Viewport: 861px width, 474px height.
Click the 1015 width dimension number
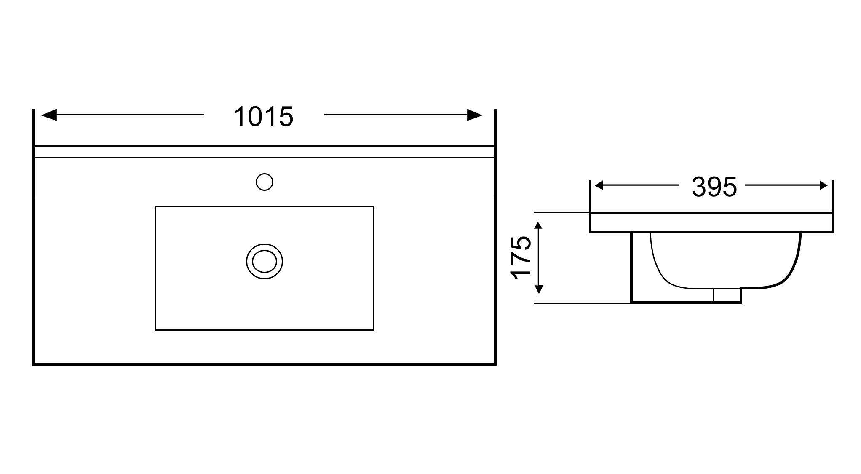coord(263,117)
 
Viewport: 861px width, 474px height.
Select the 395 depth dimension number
coord(714,187)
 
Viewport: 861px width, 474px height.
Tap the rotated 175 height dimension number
coord(521,257)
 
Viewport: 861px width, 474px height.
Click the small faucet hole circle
coord(265,182)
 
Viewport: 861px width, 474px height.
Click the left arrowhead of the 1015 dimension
coord(49,115)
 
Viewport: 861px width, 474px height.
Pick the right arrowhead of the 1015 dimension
coord(475,115)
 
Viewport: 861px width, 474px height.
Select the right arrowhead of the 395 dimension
coord(823,185)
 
